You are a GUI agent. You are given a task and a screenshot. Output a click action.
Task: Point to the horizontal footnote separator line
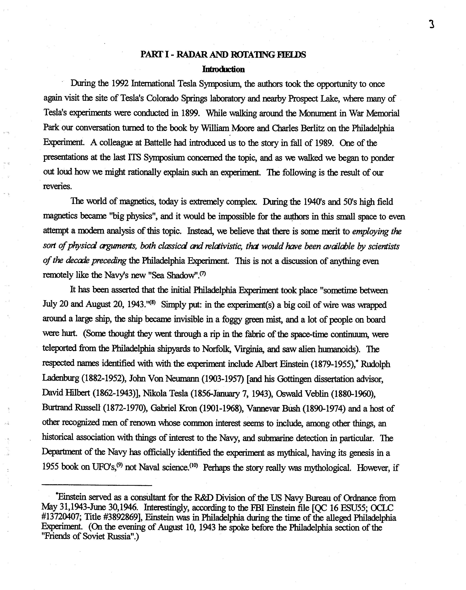point(97,485)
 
